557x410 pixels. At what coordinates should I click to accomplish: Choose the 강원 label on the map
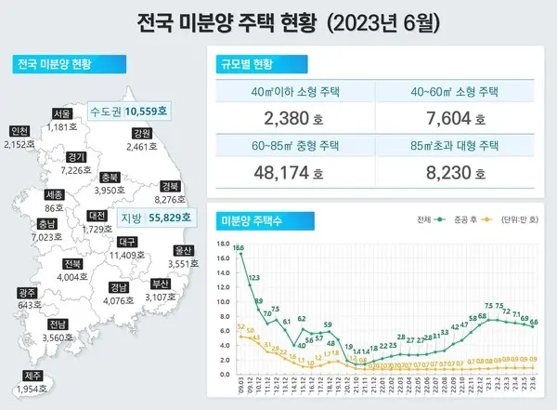(141, 134)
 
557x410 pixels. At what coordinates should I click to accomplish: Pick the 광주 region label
(28, 293)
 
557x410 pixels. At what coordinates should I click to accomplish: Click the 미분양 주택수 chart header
(248, 219)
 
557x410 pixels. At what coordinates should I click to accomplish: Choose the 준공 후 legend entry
(469, 219)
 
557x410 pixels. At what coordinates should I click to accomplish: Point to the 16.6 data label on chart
(239, 248)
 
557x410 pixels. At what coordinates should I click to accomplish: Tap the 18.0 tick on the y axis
(224, 245)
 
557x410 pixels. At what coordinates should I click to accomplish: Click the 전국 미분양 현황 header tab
(54, 64)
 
